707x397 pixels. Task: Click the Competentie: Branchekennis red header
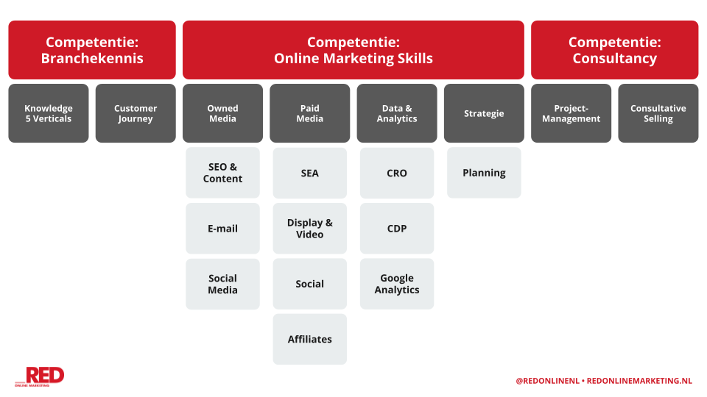pos(92,50)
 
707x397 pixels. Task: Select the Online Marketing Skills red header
pos(353,50)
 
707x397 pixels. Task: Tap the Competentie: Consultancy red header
pos(614,50)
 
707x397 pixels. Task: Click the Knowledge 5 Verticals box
pos(49,113)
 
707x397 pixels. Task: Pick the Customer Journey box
pos(136,113)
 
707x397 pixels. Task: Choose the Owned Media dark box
pos(222,113)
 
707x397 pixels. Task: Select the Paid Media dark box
pos(310,113)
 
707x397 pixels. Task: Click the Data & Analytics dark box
pos(397,113)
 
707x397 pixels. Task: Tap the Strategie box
pos(485,113)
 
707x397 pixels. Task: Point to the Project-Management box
pos(571,113)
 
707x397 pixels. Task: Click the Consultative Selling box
pos(658,113)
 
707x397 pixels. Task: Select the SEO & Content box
pos(222,173)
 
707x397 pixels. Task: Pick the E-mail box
pos(222,228)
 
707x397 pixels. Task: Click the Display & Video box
pos(310,228)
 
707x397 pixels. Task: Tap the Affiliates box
pos(310,340)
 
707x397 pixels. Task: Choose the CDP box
pos(397,228)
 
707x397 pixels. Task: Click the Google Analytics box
pos(397,284)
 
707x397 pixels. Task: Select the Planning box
pos(485,173)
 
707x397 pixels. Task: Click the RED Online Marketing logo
pos(40,376)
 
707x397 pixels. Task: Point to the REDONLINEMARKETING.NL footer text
pos(639,381)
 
